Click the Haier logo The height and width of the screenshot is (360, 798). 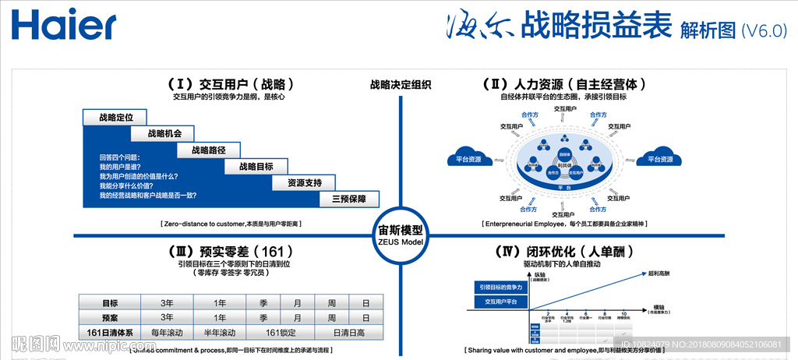[64, 26]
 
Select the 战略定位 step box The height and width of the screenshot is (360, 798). [115, 118]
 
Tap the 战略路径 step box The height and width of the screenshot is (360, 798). [208, 150]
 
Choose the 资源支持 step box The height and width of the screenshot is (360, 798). [304, 182]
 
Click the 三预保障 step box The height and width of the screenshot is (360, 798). [348, 199]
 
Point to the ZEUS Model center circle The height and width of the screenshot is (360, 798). [400, 234]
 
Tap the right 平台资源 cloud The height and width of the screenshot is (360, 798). [654, 157]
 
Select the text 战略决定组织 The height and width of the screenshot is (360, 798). [401, 85]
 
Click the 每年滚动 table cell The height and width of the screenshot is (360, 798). [167, 333]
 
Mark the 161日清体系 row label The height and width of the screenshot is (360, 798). [109, 333]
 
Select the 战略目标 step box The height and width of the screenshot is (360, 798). [256, 166]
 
